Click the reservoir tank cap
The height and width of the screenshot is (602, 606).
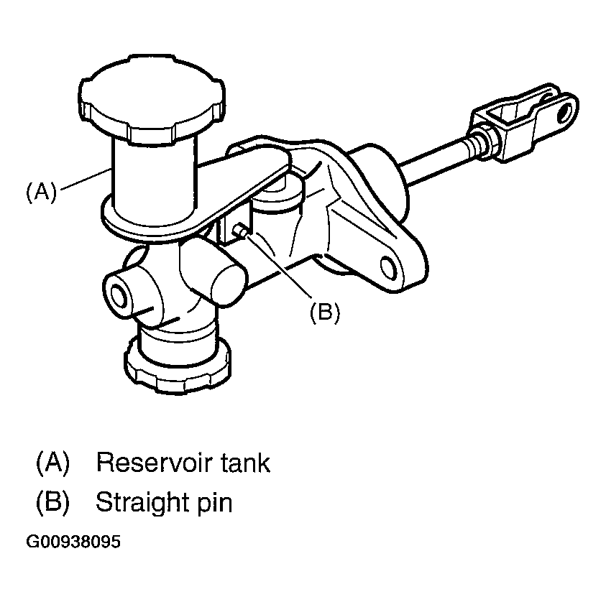coord(152,99)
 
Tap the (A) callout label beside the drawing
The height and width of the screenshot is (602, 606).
coord(41,192)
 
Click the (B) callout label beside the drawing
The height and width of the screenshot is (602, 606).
coord(325,312)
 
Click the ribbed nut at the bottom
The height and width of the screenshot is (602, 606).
coord(178,365)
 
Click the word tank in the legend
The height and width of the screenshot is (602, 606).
coord(246,463)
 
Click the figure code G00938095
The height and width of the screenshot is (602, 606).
coord(73,542)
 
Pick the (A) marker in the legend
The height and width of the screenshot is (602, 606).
coord(52,463)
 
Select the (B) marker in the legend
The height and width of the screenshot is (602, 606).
coord(52,503)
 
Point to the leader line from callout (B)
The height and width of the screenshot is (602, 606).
coord(277,267)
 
